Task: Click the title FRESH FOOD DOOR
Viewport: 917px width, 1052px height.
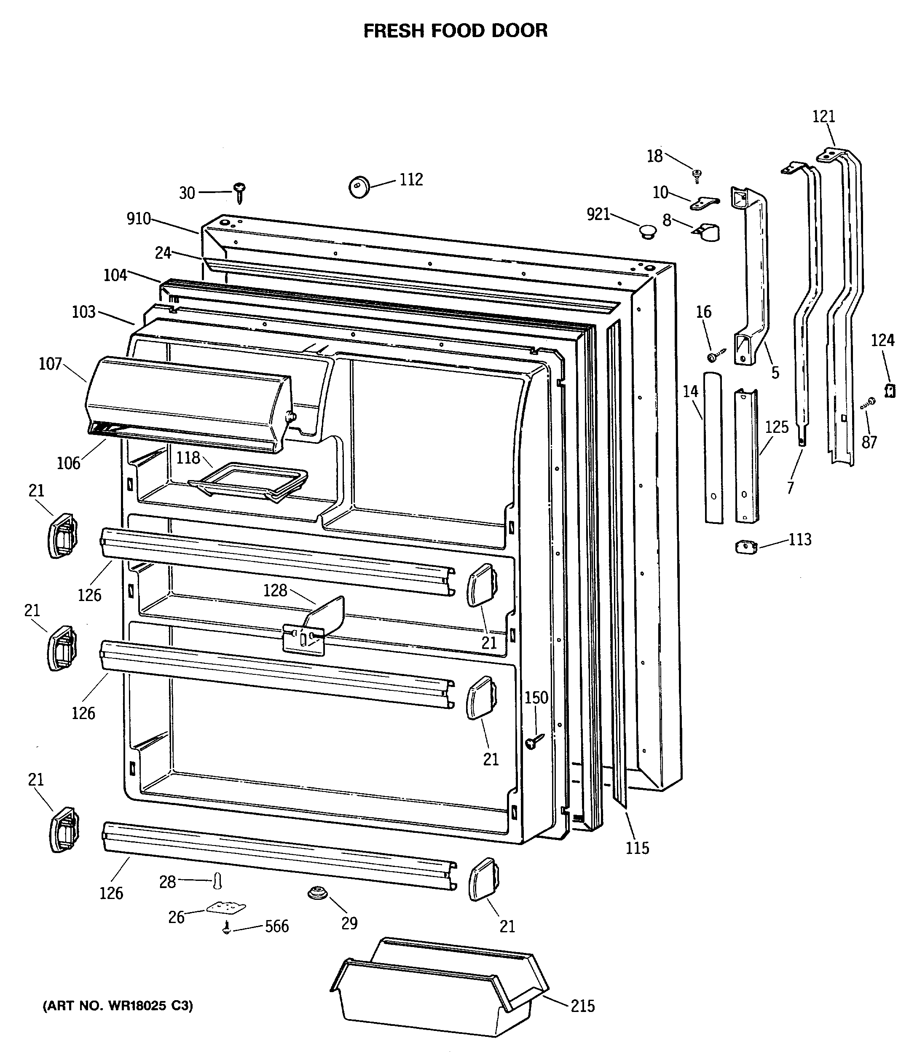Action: coord(455,31)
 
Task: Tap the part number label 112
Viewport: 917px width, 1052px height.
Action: coord(411,180)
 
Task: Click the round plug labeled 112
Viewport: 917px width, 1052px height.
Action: coord(359,186)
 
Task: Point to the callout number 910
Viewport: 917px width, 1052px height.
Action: coord(139,219)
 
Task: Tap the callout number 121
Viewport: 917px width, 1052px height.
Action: coord(823,117)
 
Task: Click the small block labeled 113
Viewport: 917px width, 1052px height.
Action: coord(745,547)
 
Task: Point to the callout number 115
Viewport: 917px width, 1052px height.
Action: coord(637,848)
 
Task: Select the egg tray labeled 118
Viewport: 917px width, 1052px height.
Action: coord(248,480)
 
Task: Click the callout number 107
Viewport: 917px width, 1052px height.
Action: coord(50,364)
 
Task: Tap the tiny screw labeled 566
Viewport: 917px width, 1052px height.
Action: coord(226,928)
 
